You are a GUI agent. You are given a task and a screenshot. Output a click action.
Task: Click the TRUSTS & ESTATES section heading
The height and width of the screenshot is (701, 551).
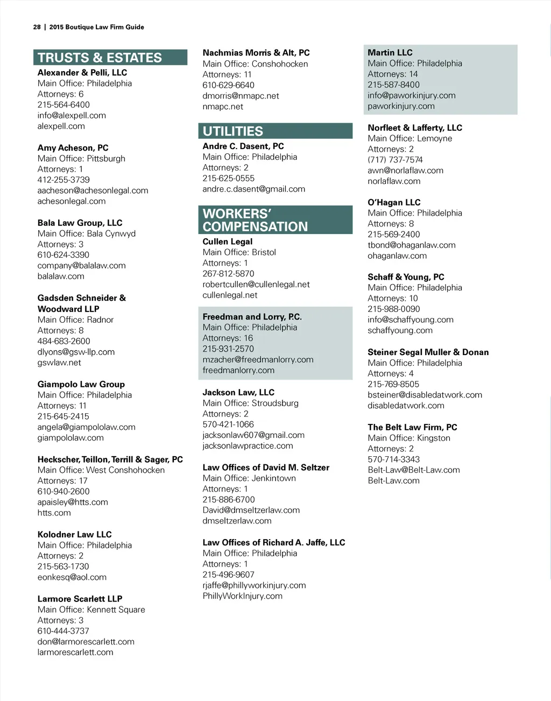click(x=100, y=58)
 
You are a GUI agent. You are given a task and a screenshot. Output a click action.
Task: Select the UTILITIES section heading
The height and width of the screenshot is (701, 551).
click(x=233, y=131)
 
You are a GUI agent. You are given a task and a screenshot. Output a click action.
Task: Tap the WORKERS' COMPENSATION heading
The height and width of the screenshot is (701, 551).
click(x=255, y=220)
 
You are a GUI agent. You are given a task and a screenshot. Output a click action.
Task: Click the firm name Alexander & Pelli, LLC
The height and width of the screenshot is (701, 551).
click(x=82, y=73)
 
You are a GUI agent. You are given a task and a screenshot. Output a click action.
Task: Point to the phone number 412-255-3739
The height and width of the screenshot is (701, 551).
click(x=63, y=180)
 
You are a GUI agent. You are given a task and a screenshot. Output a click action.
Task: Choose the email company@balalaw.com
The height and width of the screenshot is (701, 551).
click(x=81, y=266)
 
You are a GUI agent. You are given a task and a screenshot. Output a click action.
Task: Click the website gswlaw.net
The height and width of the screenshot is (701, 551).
click(x=59, y=363)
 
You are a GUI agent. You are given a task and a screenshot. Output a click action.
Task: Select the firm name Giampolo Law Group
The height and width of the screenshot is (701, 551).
click(x=81, y=384)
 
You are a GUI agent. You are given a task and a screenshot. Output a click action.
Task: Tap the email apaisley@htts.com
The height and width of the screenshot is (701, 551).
click(x=73, y=502)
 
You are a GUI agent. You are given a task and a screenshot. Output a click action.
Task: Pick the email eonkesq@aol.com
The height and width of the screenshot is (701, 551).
click(x=72, y=577)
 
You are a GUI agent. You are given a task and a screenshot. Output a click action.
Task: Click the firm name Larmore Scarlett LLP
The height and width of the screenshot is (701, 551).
click(x=80, y=599)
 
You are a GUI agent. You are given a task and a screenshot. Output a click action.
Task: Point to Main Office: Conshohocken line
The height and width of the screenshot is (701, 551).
click(x=255, y=64)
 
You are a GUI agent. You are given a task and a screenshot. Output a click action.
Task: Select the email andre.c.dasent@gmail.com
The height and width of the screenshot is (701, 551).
click(x=253, y=189)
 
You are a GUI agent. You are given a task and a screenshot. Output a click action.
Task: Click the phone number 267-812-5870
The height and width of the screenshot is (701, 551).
click(x=228, y=274)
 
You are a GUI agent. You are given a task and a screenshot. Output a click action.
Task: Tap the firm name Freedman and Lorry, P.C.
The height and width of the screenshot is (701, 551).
click(x=252, y=317)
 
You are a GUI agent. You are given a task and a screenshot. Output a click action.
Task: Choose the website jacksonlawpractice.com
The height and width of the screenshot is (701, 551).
click(x=248, y=446)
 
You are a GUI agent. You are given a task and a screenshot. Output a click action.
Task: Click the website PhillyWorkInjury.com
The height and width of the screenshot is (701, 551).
click(x=242, y=596)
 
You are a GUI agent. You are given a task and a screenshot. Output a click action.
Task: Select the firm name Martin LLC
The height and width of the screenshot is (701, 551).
click(x=390, y=53)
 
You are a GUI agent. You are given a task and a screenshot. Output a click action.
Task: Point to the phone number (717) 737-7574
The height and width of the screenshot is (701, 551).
click(x=395, y=160)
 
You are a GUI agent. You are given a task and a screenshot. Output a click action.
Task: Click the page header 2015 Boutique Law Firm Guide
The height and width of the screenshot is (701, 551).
click(x=96, y=27)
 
